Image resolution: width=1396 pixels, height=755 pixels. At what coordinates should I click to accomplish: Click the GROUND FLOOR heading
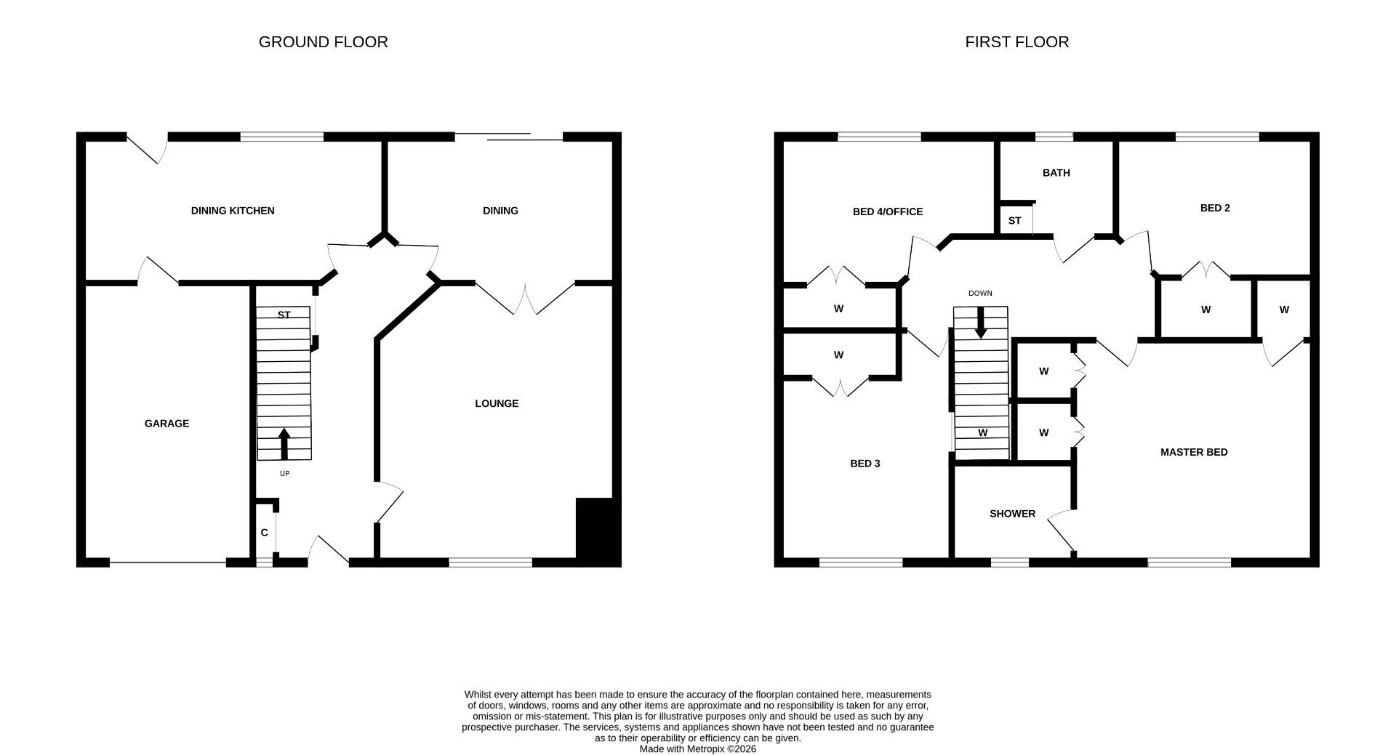tap(323, 42)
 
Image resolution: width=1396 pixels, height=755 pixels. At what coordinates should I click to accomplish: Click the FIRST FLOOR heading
tap(1016, 42)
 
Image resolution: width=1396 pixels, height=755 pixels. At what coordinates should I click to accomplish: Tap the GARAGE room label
tap(167, 424)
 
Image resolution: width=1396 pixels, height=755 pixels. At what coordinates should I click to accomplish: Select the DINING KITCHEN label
tap(233, 211)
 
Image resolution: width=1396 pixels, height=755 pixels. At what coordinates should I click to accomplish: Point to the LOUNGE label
tap(497, 404)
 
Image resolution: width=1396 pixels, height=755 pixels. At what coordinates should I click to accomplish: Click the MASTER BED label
tap(1194, 452)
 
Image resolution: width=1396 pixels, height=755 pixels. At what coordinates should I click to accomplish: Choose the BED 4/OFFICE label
tap(888, 212)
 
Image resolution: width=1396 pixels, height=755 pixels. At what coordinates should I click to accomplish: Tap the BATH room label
tap(1056, 173)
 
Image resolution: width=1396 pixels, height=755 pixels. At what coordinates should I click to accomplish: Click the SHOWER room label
tap(1012, 514)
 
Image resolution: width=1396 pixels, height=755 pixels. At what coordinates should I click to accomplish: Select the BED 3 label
tap(865, 464)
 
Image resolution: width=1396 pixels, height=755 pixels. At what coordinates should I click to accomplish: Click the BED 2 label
tap(1215, 208)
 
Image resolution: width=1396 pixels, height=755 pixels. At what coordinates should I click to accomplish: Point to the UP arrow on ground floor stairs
tap(284, 444)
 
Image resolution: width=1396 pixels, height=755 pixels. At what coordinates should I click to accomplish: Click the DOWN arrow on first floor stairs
tap(981, 323)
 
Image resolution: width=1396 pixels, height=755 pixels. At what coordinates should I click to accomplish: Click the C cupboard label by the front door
tap(264, 533)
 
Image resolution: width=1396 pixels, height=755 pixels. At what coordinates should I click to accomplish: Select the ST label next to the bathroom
tap(1014, 221)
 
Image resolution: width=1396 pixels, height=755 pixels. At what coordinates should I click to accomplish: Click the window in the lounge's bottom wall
tap(491, 562)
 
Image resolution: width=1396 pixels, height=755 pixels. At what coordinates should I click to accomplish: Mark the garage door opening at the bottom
tap(168, 562)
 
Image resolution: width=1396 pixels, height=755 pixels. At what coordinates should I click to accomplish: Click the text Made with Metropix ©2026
tap(697, 748)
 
